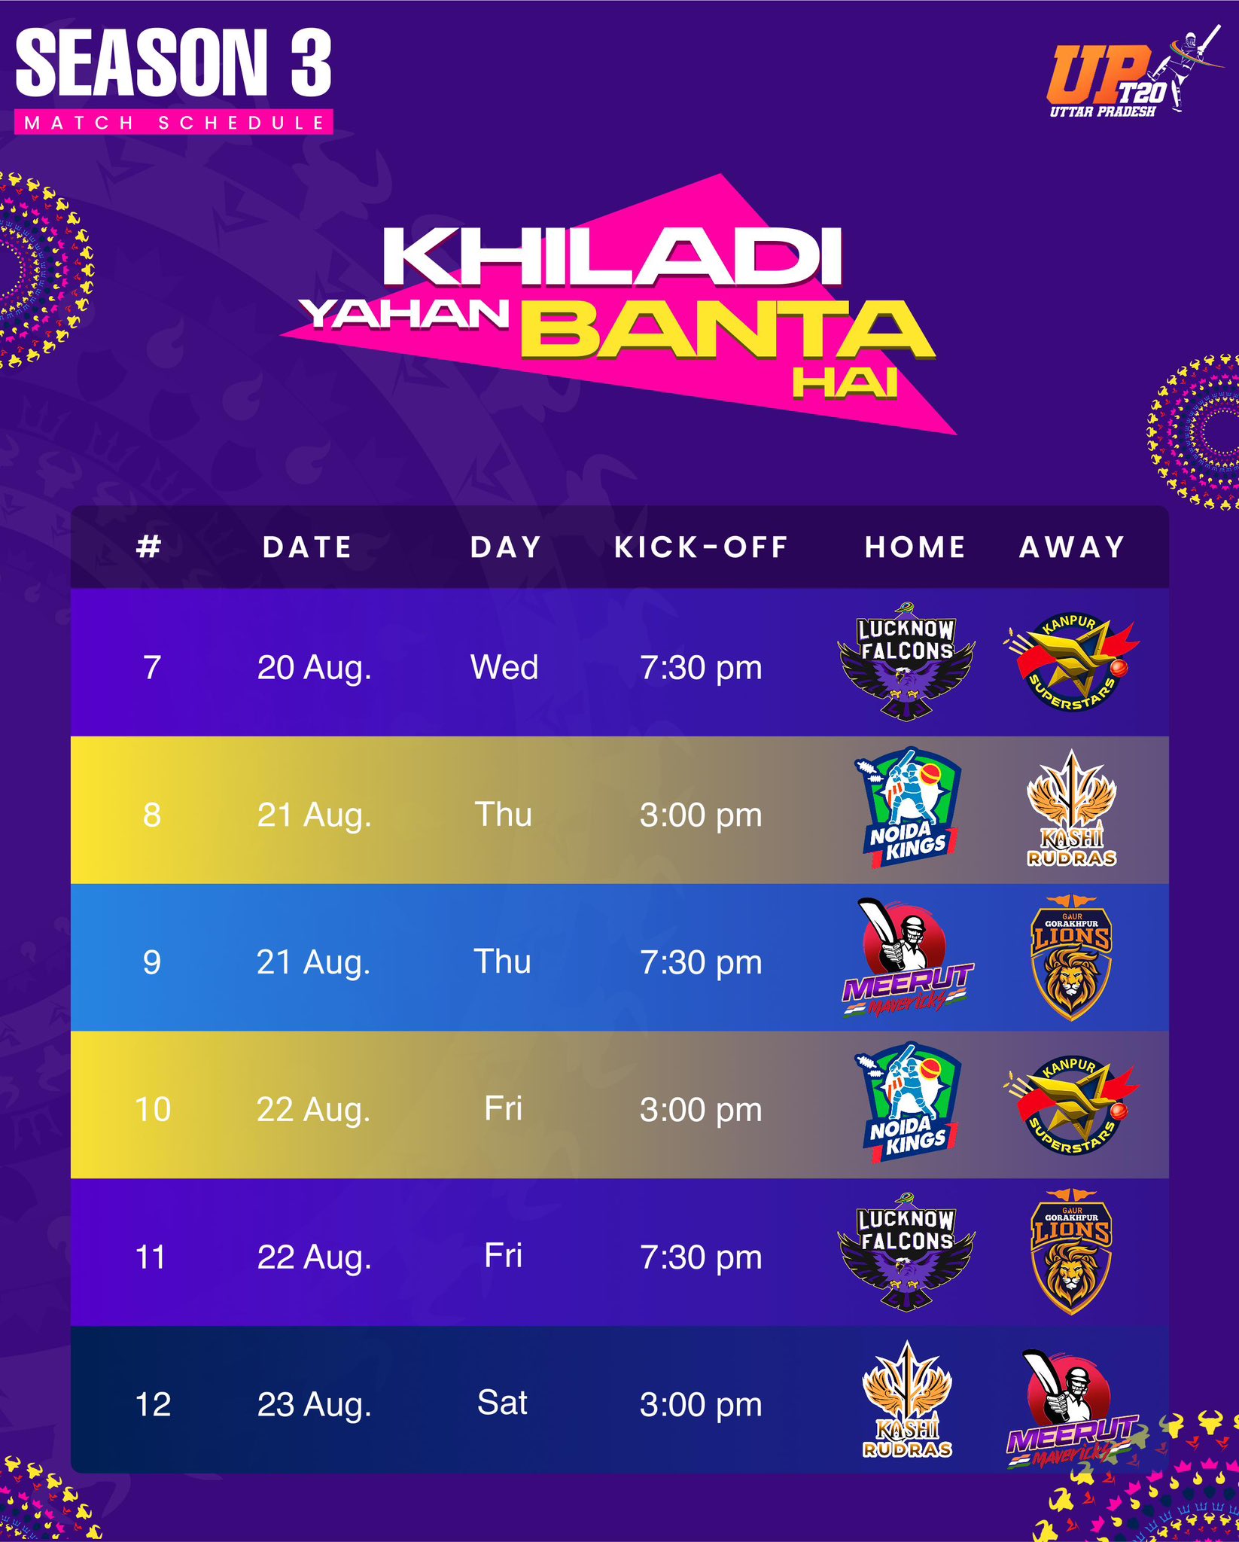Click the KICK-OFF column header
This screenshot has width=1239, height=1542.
[x=701, y=547]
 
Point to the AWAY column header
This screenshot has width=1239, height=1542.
[x=1072, y=547]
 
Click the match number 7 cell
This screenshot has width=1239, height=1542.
[x=152, y=667]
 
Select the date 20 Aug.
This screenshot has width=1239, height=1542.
[x=315, y=668]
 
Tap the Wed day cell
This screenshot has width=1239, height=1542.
[x=504, y=667]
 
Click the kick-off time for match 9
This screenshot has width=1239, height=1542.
[x=701, y=962]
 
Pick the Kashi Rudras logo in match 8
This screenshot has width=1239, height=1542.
[x=1072, y=809]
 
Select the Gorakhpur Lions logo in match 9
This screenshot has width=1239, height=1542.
[x=1071, y=957]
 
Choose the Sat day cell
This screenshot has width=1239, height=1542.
[x=502, y=1403]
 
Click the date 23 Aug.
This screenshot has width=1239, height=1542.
[x=315, y=1405]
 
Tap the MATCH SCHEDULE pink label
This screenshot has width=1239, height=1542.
[x=174, y=123]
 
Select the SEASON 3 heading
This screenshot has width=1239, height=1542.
[x=173, y=62]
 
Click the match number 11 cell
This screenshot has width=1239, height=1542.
[x=151, y=1257]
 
